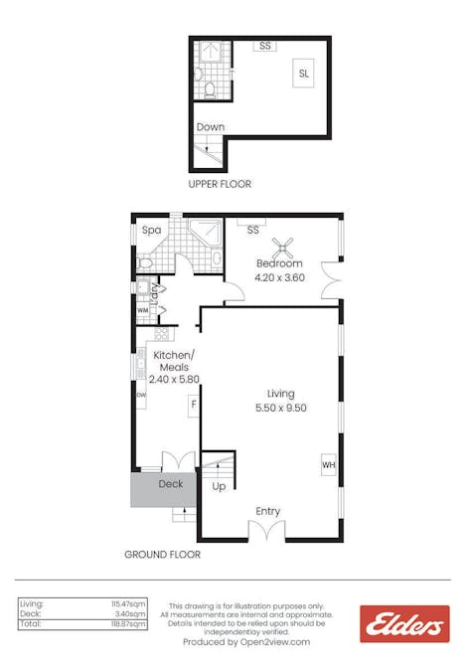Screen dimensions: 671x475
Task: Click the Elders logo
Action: pyautogui.click(x=404, y=624)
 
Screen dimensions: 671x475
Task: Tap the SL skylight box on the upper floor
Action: pyautogui.click(x=303, y=74)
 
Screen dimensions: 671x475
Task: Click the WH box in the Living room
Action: pyautogui.click(x=328, y=464)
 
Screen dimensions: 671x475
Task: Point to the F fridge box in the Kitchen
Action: pyautogui.click(x=194, y=405)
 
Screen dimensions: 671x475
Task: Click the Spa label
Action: pyautogui.click(x=151, y=230)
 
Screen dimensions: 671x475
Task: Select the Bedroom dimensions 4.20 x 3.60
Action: pyautogui.click(x=279, y=277)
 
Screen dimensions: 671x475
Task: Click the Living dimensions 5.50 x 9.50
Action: pyautogui.click(x=280, y=408)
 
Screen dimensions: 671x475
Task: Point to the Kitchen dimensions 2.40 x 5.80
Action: pyautogui.click(x=175, y=379)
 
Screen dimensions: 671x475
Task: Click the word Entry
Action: pyautogui.click(x=268, y=511)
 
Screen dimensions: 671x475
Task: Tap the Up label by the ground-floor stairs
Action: pyautogui.click(x=219, y=487)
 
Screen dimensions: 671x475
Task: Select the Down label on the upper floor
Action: pyautogui.click(x=210, y=127)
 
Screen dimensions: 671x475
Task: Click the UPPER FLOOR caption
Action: pyautogui.click(x=220, y=184)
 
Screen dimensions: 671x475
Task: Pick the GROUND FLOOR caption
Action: pyautogui.click(x=162, y=555)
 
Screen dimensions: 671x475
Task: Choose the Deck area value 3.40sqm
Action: pyautogui.click(x=131, y=613)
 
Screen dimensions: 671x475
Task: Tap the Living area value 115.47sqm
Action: pyautogui.click(x=128, y=603)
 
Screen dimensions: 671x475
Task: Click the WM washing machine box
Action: pyautogui.click(x=142, y=310)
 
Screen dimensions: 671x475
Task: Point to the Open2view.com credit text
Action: pyautogui.click(x=246, y=642)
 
